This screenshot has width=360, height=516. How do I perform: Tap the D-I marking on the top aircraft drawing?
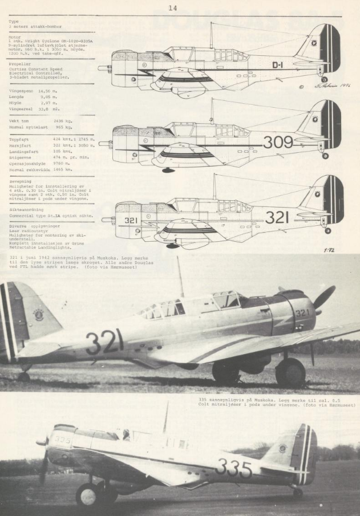coord(278,65)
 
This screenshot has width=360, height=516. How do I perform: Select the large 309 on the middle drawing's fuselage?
coord(277,142)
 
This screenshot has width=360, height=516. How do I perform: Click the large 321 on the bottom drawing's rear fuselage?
coord(277,217)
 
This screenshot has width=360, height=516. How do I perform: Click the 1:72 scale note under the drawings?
coord(327,250)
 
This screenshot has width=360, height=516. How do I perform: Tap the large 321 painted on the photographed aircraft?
coord(104,342)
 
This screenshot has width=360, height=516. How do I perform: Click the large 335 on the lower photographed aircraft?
coord(234,469)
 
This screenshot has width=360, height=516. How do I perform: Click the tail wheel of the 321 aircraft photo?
coord(24,376)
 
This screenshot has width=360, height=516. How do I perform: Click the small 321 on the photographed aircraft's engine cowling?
coord(302,313)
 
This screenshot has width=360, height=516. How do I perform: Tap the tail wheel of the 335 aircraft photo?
coord(298,491)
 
